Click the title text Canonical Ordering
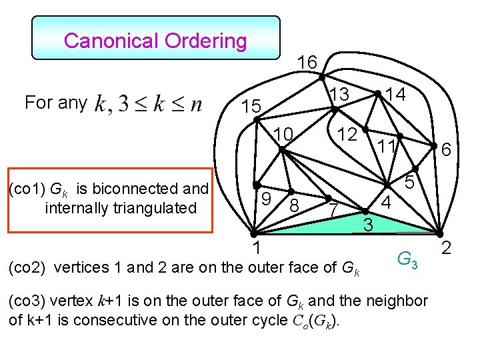pos(155,41)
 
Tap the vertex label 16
pos(306,63)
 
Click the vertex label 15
pos(252,107)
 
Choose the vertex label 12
pos(347,134)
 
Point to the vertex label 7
pos(333,211)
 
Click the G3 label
pos(407,259)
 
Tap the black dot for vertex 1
pos(253,234)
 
